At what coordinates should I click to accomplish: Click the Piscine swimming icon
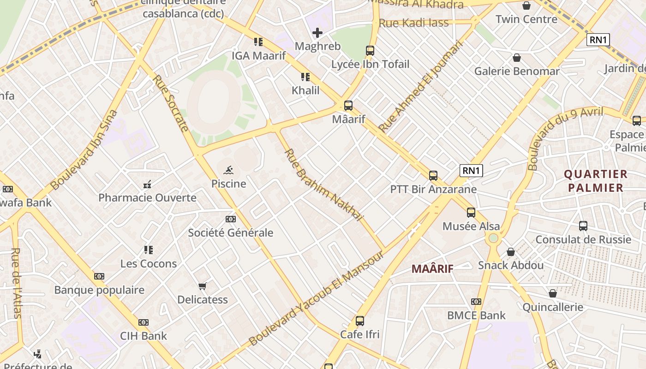(228, 171)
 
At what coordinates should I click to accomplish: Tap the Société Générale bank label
(230, 233)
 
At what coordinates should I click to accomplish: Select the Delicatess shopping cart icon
(202, 286)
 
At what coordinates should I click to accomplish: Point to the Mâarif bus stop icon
(348, 106)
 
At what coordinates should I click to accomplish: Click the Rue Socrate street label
(171, 103)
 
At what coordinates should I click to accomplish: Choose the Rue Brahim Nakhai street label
(323, 184)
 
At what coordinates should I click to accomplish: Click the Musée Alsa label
(471, 226)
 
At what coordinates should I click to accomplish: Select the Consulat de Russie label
(583, 239)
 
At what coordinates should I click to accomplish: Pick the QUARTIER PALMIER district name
(596, 181)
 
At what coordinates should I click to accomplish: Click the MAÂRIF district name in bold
(432, 268)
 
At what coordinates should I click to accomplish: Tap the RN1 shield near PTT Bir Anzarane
(471, 171)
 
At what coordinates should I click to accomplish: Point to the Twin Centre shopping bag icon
(526, 6)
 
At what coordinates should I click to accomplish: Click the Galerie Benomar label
(517, 71)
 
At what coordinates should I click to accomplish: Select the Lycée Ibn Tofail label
(370, 64)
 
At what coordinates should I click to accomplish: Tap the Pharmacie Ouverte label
(147, 198)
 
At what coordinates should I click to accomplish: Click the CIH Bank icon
(144, 322)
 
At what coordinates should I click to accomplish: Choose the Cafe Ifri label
(360, 334)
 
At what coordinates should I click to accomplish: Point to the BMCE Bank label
(476, 315)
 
